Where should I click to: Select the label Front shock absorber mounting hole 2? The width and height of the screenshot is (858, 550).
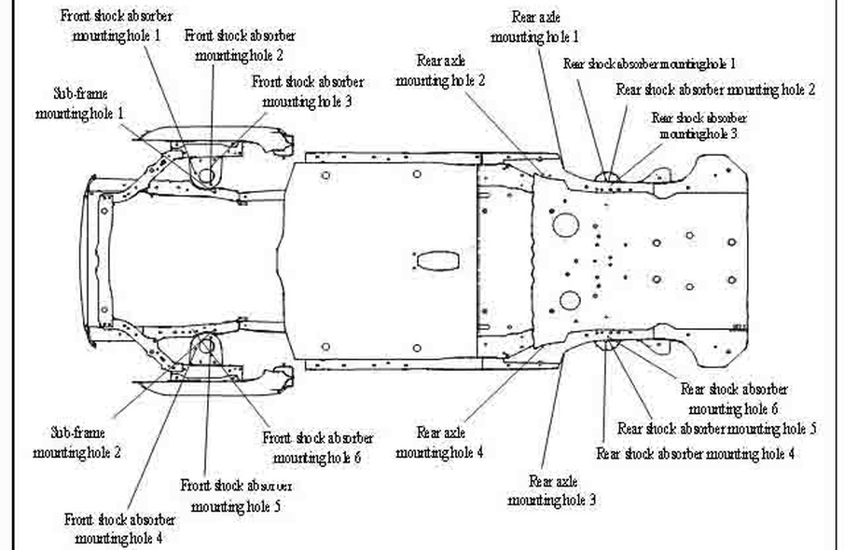241,44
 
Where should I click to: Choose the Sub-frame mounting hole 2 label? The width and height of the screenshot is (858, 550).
77,443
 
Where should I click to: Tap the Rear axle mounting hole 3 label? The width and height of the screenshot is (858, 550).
552,490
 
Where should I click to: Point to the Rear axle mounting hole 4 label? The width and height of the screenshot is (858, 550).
440,442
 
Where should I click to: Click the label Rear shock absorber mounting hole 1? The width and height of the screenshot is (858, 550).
649,63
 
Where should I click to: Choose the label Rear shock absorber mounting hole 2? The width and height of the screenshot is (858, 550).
715,89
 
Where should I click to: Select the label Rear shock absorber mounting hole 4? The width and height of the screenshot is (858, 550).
695,454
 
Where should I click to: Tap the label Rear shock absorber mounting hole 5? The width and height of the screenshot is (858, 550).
716,429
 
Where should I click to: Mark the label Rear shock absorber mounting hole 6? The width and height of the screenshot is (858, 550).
733,398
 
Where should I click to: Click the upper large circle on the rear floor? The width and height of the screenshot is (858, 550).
566,225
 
